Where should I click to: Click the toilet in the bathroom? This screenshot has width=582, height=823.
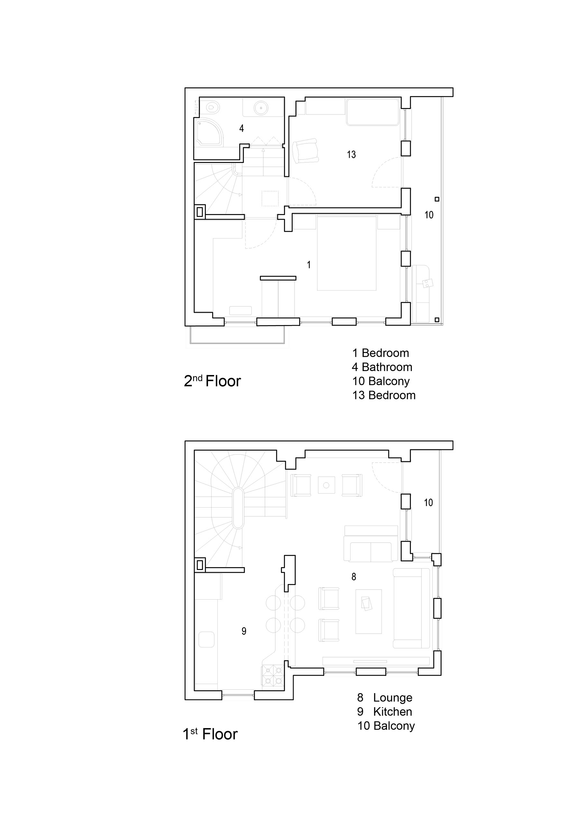click(212, 106)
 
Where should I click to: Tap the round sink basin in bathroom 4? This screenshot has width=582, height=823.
click(260, 107)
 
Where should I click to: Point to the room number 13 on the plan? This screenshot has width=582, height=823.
click(351, 155)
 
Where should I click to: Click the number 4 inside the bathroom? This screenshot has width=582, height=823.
click(242, 128)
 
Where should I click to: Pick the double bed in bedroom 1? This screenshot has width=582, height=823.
click(347, 253)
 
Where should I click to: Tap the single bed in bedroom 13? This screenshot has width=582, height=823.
click(373, 112)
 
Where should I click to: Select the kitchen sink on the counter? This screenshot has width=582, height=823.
click(206, 639)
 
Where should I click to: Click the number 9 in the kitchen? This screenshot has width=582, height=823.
click(244, 631)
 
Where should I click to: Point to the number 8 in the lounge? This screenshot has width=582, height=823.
click(354, 576)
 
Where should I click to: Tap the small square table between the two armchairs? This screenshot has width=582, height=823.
click(326, 485)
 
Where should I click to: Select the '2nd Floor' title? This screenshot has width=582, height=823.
click(212, 381)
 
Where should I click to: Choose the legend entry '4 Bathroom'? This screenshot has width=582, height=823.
click(382, 367)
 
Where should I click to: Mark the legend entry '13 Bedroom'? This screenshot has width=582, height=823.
click(384, 395)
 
